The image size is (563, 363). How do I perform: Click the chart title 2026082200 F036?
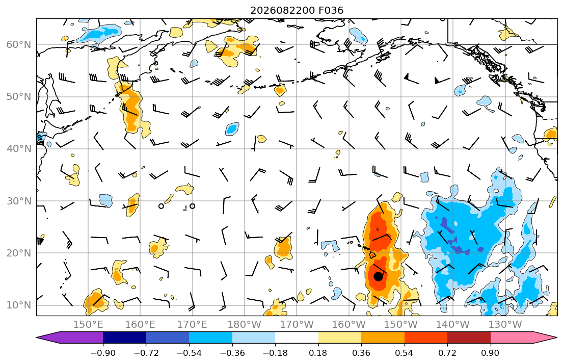[x=297, y=10]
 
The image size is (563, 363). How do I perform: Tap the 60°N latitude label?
[x=19, y=44]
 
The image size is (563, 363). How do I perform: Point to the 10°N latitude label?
[x=19, y=305]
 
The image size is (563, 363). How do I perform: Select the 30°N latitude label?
[x=19, y=201]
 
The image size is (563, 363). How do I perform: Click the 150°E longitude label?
[x=88, y=325]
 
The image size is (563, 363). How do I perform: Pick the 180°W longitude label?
[x=245, y=325]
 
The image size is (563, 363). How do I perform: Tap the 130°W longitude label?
[x=505, y=325]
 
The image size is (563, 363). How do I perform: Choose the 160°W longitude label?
[x=349, y=325]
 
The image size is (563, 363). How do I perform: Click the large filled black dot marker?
[x=378, y=276]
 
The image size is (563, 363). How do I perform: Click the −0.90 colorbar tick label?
[x=103, y=353]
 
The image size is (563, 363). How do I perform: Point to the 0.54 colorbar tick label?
[x=405, y=353]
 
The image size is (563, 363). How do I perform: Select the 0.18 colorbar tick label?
[x=318, y=353]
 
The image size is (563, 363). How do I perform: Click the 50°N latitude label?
[x=19, y=97]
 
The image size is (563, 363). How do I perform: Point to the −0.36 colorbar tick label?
[x=232, y=353]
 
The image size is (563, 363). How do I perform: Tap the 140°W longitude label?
[x=453, y=325]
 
